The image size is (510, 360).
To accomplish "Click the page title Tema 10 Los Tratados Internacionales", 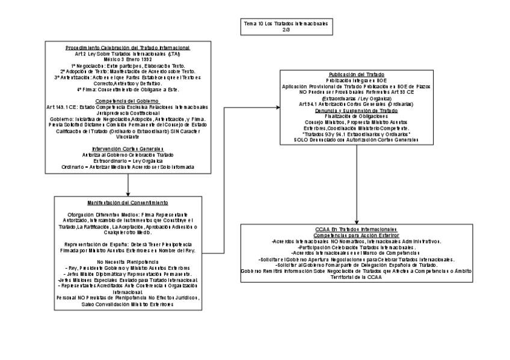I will click(x=286, y=23).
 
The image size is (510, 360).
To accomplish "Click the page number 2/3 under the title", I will click(x=286, y=29).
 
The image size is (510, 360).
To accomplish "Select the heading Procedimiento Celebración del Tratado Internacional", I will click(x=127, y=47).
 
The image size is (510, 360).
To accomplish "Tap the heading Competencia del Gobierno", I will click(x=127, y=101).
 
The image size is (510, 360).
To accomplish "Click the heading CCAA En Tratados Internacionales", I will click(x=357, y=230).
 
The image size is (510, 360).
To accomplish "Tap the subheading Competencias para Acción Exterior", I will click(x=357, y=235).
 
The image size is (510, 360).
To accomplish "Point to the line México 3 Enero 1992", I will click(x=127, y=59).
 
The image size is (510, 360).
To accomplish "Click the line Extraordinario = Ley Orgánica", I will click(x=127, y=160).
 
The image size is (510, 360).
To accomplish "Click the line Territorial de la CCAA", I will click(x=357, y=276).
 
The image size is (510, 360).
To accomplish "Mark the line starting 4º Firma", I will click(x=127, y=89).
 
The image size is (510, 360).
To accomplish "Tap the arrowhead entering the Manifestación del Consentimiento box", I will click(x=128, y=194).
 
